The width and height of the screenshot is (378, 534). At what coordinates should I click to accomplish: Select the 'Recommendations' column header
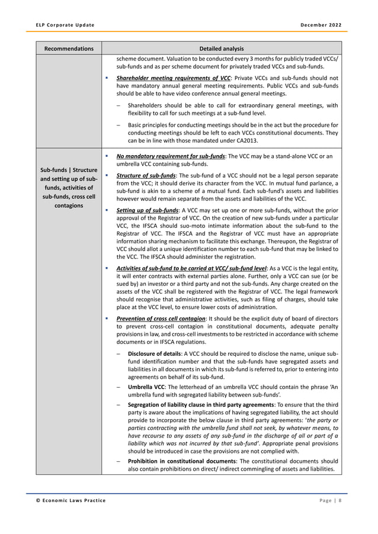[x=68, y=48]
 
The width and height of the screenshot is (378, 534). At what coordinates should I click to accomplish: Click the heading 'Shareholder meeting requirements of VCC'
[x=173, y=78]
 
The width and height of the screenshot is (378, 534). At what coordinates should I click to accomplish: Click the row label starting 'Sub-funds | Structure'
[x=68, y=171]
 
